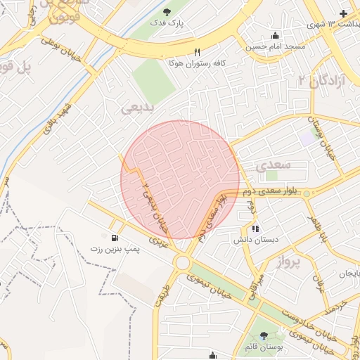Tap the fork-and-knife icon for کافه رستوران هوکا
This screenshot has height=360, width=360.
coord(197,52)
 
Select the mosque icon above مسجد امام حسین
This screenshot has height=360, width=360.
coord(274,36)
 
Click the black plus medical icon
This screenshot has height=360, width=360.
coord(343,13)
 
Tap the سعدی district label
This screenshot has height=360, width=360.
coord(272,167)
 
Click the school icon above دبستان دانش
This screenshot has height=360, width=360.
coord(255,228)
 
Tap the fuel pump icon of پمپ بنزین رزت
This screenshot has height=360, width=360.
coord(115,238)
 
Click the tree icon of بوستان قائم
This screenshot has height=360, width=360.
coord(264,335)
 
